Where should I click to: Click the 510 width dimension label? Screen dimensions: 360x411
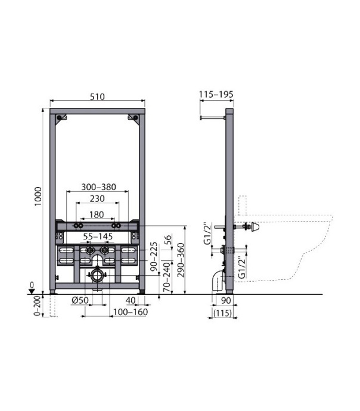point(97,96)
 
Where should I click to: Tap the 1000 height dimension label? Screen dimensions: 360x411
point(38,197)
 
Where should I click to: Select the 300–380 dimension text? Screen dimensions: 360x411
point(98,187)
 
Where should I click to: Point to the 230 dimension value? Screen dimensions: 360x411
point(97,198)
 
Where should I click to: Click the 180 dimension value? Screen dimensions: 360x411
point(97,214)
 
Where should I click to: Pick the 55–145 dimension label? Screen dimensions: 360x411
point(98,236)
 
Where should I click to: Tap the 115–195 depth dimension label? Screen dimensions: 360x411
point(216,94)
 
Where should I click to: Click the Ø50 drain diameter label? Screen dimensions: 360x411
point(80,300)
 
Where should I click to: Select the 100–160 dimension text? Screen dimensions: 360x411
point(131,312)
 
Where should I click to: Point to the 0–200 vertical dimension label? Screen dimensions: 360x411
point(38,306)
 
